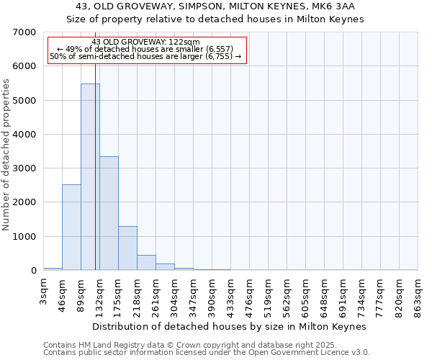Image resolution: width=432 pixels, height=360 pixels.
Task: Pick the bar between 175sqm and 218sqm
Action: [x=127, y=248]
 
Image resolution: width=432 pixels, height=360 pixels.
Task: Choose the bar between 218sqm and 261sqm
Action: [x=146, y=263]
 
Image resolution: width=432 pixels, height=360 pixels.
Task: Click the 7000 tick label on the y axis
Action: [x=24, y=32]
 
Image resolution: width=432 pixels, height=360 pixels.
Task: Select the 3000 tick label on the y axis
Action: [x=24, y=168]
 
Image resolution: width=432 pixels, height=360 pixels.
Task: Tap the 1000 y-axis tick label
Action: [x=24, y=236]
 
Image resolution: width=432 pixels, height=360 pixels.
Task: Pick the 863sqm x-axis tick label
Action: [x=418, y=297]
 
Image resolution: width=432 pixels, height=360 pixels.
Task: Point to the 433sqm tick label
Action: [x=231, y=297]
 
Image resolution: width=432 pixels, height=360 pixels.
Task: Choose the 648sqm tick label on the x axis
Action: [x=325, y=297]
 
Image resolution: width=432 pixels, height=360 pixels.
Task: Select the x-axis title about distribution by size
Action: [x=230, y=327]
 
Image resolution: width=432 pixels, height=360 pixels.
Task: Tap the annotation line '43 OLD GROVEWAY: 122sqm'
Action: [x=146, y=42]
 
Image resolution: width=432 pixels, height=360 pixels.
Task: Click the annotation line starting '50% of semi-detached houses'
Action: [x=146, y=56]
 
